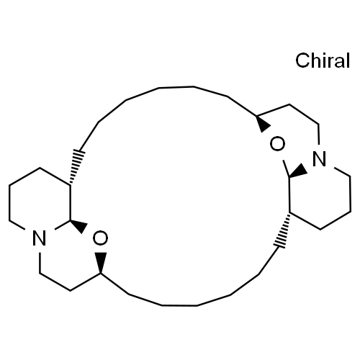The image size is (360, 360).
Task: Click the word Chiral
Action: [323, 60]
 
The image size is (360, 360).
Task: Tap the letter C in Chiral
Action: [302, 60]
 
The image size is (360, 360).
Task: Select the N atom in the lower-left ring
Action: [40, 238]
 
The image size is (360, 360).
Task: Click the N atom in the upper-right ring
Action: [320, 158]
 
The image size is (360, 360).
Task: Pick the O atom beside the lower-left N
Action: [100, 238]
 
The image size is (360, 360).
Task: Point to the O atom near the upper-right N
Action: [277, 144]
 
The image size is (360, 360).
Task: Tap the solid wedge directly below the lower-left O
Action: [101, 263]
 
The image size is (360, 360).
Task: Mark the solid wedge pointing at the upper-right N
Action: [299, 171]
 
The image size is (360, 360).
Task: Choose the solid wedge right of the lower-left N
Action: [78, 225]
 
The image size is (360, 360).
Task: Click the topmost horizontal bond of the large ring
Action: [176, 87]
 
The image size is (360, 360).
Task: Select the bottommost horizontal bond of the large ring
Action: [179, 305]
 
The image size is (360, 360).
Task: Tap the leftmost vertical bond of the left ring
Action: [9, 202]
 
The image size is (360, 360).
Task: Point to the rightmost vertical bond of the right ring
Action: [350, 194]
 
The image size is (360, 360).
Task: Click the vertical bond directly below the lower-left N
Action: [40, 263]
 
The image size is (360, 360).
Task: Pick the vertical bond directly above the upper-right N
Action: [318, 134]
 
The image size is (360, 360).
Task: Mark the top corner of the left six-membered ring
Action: [40, 168]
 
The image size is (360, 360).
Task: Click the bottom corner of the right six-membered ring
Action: [320, 230]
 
